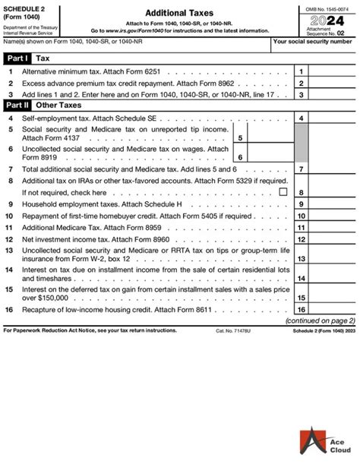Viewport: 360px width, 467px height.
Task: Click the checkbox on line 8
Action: (x=283, y=193)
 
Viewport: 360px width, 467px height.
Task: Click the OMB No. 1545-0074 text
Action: (x=322, y=7)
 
